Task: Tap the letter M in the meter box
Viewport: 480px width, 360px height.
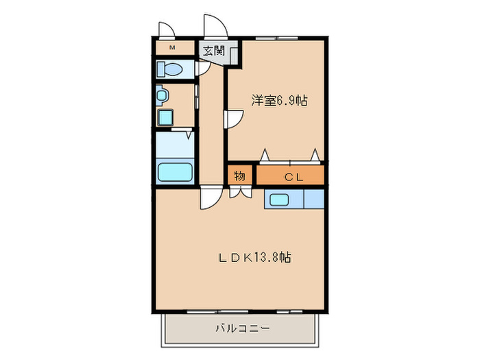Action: pyautogui.click(x=172, y=47)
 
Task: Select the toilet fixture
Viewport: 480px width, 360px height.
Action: pyautogui.click(x=169, y=69)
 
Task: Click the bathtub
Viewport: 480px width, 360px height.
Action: pyautogui.click(x=173, y=171)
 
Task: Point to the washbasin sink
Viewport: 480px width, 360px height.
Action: pyautogui.click(x=162, y=94)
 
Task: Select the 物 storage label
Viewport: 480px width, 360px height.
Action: pyautogui.click(x=239, y=176)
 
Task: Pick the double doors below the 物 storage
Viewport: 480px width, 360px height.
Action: pyautogui.click(x=239, y=193)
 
